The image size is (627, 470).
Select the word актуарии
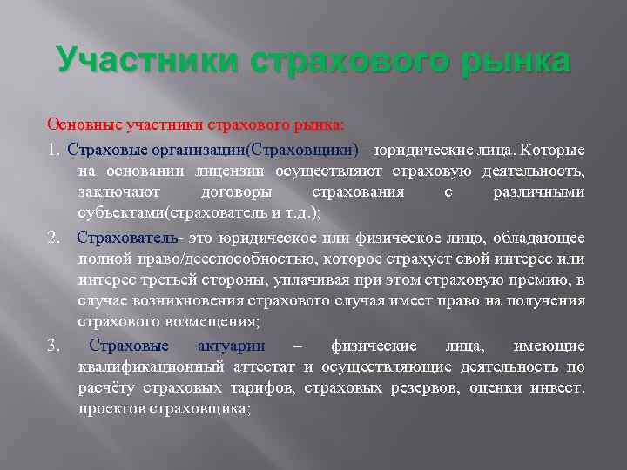237,346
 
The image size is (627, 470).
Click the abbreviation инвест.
559,387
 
